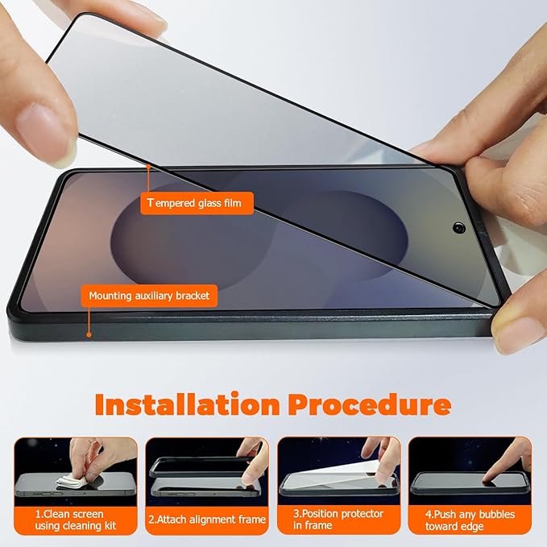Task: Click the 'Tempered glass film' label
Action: point(197,203)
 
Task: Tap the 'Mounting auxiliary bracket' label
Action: point(149,296)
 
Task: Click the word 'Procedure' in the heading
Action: point(371,404)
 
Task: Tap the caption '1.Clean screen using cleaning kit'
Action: point(76,520)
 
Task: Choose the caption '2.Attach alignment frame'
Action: point(207,520)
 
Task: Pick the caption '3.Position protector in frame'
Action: point(338,520)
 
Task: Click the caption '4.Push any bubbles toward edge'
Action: point(470,520)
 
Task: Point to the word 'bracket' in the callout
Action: point(191,296)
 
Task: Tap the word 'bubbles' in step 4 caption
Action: point(487,514)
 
